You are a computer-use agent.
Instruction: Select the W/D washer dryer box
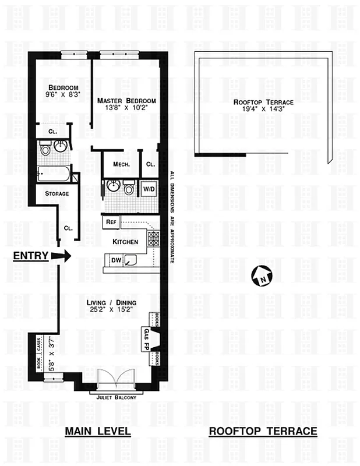click(148, 188)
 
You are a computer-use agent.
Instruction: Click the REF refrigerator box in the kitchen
click(111, 222)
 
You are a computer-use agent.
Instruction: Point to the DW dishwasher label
click(116, 260)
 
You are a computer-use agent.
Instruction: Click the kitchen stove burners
click(154, 238)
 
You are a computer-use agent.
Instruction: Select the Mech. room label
click(121, 165)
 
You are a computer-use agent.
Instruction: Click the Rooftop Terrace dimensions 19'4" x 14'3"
click(263, 109)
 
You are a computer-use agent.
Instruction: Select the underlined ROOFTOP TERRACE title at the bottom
click(263, 432)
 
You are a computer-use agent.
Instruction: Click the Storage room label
click(57, 193)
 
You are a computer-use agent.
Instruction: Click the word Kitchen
click(125, 241)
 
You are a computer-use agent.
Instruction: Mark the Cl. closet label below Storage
click(68, 228)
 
